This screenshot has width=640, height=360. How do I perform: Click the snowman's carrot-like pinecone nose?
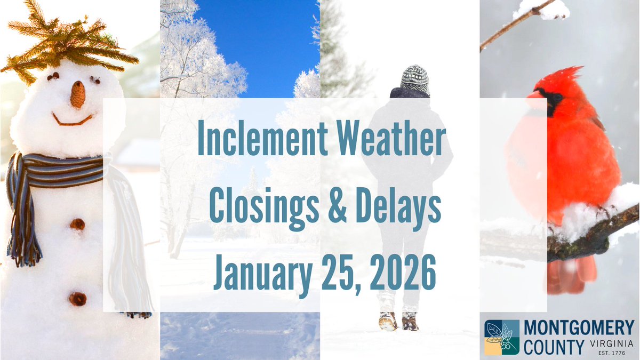pos(78,94)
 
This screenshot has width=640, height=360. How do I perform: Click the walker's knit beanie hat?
pos(414,79)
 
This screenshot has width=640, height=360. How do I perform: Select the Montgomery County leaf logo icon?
pos(502,338)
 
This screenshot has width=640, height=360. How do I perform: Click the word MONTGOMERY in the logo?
pos(579,328)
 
